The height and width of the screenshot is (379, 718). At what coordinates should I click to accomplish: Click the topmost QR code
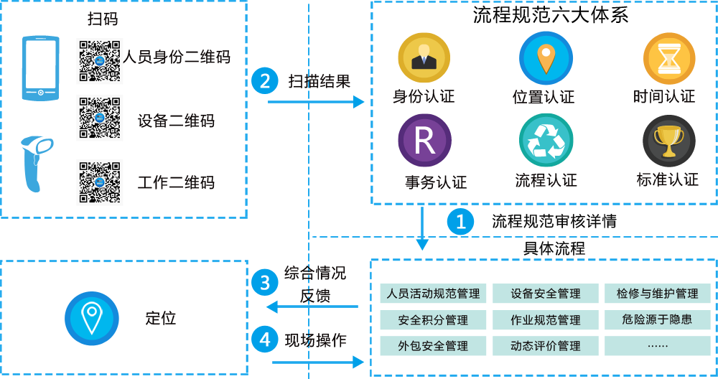pyautogui.click(x=99, y=60)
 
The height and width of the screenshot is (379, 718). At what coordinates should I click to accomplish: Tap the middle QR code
pyautogui.click(x=99, y=117)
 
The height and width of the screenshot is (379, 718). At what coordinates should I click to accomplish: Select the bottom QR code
pyautogui.click(x=99, y=181)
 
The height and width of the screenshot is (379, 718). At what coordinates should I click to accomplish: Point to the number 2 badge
pyautogui.click(x=265, y=81)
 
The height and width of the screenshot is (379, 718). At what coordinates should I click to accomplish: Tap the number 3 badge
pyautogui.click(x=265, y=283)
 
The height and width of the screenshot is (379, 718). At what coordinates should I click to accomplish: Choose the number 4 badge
pyautogui.click(x=265, y=338)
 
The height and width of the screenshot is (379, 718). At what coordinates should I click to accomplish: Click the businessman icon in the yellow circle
pyautogui.click(x=424, y=57)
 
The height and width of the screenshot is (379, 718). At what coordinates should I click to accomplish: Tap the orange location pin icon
pyautogui.click(x=546, y=57)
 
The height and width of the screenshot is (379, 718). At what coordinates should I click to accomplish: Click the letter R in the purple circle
pyautogui.click(x=424, y=140)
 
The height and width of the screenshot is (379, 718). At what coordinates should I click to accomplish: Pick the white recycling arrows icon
pyautogui.click(x=546, y=140)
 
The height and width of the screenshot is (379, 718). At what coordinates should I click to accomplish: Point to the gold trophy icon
pyautogui.click(x=669, y=141)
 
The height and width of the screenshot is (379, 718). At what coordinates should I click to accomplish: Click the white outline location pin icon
pyautogui.click(x=92, y=317)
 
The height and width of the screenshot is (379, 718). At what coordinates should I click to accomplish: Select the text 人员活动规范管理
pyautogui.click(x=433, y=294)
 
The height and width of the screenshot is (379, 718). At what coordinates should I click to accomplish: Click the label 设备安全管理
pyautogui.click(x=546, y=294)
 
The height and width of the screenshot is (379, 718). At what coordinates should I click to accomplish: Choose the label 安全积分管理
pyautogui.click(x=433, y=320)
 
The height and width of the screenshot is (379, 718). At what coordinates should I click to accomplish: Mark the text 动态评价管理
pyautogui.click(x=546, y=346)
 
